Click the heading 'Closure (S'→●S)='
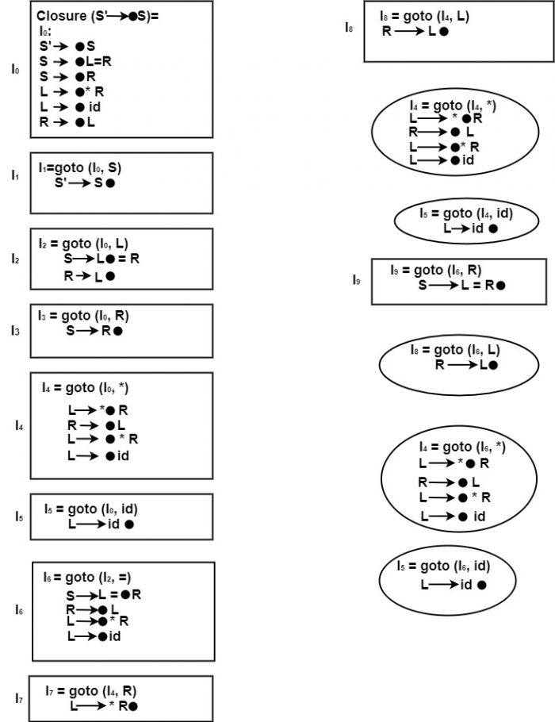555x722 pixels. (98, 15)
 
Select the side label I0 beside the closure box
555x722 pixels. (15, 70)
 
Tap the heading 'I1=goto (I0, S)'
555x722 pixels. (80, 167)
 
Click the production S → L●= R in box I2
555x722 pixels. (102, 258)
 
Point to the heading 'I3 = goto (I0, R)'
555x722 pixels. (83, 315)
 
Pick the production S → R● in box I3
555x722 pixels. (94, 330)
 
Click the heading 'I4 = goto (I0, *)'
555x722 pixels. (86, 388)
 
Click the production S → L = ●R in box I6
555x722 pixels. (103, 593)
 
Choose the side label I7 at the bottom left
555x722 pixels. (18, 697)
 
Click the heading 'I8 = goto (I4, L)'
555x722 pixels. (424, 15)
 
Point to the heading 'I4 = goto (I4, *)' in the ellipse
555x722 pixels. (454, 105)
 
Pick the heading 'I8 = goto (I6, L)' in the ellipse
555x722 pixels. (455, 350)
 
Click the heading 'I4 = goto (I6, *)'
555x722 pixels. (463, 447)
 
